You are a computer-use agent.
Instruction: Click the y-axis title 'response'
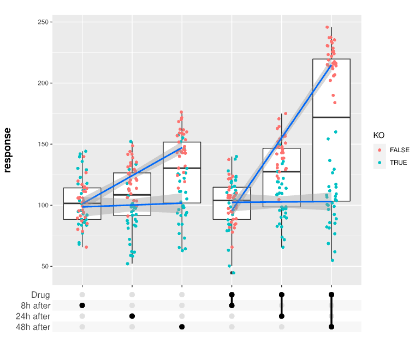click(8, 150)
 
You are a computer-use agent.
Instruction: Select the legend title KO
click(378, 135)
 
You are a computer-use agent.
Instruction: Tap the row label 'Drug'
click(40, 295)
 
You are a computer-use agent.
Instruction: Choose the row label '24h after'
click(33, 316)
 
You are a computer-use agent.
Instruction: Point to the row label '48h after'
click(33, 327)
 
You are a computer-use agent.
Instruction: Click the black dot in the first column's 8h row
click(82, 305)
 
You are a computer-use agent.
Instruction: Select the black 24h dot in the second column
click(132, 316)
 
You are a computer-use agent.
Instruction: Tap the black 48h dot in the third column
click(182, 327)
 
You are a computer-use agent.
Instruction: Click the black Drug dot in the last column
click(331, 295)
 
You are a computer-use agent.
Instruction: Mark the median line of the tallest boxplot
click(331, 117)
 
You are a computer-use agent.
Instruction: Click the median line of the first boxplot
click(82, 203)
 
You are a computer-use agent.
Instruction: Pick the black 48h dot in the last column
click(331, 327)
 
